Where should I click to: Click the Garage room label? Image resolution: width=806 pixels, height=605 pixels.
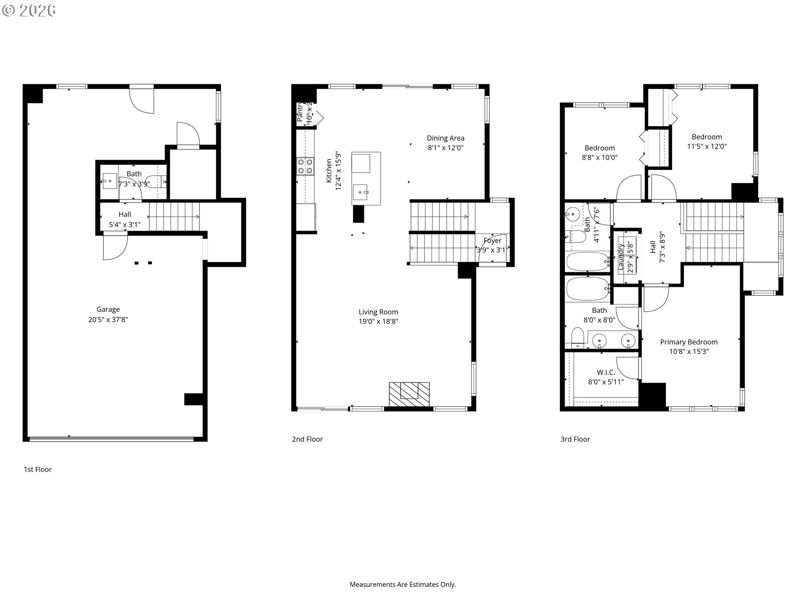pyautogui.click(x=108, y=309)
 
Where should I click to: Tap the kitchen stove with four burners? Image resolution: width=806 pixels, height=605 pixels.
pyautogui.click(x=305, y=166)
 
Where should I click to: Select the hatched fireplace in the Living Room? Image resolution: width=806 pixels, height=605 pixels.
pyautogui.click(x=409, y=394)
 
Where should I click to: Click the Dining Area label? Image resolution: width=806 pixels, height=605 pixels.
pyautogui.click(x=445, y=138)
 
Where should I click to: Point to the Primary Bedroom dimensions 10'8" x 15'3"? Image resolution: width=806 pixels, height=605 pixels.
pyautogui.click(x=688, y=352)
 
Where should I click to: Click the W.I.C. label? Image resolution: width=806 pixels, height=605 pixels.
pyautogui.click(x=606, y=372)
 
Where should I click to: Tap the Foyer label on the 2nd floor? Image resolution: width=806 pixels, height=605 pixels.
pyautogui.click(x=492, y=241)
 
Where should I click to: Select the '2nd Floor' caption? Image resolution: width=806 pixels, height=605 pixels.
pyautogui.click(x=307, y=439)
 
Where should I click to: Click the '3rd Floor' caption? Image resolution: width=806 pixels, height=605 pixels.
pyautogui.click(x=575, y=439)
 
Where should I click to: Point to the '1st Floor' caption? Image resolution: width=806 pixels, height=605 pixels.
pyautogui.click(x=37, y=469)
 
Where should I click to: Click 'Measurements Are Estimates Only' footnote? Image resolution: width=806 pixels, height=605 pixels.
pyautogui.click(x=403, y=584)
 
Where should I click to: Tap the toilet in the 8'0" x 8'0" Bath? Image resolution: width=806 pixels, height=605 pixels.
pyautogui.click(x=578, y=338)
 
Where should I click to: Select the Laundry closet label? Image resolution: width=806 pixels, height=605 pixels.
pyautogui.click(x=621, y=256)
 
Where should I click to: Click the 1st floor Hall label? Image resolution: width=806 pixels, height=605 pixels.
pyautogui.click(x=125, y=214)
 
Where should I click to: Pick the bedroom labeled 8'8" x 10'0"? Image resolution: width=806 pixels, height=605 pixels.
pyautogui.click(x=599, y=148)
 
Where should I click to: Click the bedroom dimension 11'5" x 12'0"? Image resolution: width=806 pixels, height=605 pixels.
pyautogui.click(x=707, y=147)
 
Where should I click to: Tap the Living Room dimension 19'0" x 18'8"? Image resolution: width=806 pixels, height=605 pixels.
pyautogui.click(x=378, y=321)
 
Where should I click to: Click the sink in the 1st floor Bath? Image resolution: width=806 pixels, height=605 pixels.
pyautogui.click(x=110, y=181)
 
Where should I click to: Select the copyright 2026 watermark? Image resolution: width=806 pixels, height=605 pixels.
pyautogui.click(x=29, y=11)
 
